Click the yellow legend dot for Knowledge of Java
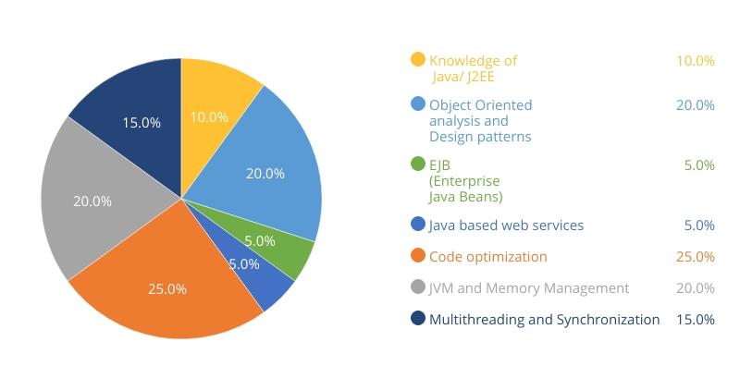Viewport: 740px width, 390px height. pyautogui.click(x=418, y=60)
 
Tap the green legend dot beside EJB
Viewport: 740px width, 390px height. pyautogui.click(x=418, y=165)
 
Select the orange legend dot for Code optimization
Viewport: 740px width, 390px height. pyautogui.click(x=418, y=256)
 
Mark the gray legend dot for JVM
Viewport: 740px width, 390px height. pyautogui.click(x=418, y=287)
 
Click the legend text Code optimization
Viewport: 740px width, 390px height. pyautogui.click(x=488, y=257)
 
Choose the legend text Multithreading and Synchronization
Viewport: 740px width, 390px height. pyautogui.click(x=545, y=320)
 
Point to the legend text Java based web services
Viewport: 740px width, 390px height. pyautogui.click(x=506, y=225)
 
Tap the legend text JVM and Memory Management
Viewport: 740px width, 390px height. pyautogui.click(x=528, y=288)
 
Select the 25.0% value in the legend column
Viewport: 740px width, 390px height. pyautogui.click(x=695, y=257)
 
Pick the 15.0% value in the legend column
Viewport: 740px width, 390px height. pyautogui.click(x=695, y=320)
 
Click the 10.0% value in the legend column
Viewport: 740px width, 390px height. pyautogui.click(x=695, y=61)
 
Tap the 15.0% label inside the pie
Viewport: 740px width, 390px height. pyautogui.click(x=142, y=123)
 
